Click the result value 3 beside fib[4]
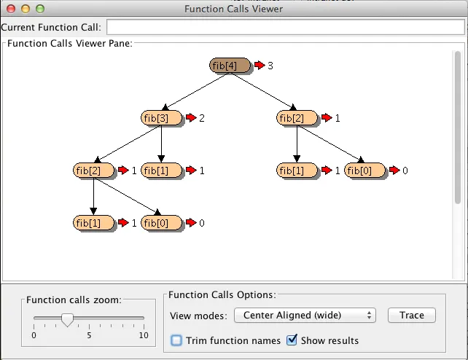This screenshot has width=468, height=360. coord(270,66)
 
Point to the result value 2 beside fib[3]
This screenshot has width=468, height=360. coord(202,117)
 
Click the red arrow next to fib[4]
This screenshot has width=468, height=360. coord(260,66)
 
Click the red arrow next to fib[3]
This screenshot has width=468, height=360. coord(191,117)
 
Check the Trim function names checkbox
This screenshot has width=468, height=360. coord(176,340)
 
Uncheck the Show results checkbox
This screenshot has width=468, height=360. coord(292,340)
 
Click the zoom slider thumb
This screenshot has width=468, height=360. coord(67,318)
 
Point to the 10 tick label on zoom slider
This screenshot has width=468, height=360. coord(144,335)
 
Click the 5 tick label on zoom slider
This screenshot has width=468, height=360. coord(89,335)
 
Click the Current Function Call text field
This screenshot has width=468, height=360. coord(285,27)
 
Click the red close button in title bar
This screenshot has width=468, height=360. coord(10,9)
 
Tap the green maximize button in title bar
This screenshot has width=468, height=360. coord(39,9)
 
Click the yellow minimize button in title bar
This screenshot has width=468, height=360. coord(25,9)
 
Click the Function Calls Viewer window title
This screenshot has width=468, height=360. coord(233,9)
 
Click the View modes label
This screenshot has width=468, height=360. coord(198,316)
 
